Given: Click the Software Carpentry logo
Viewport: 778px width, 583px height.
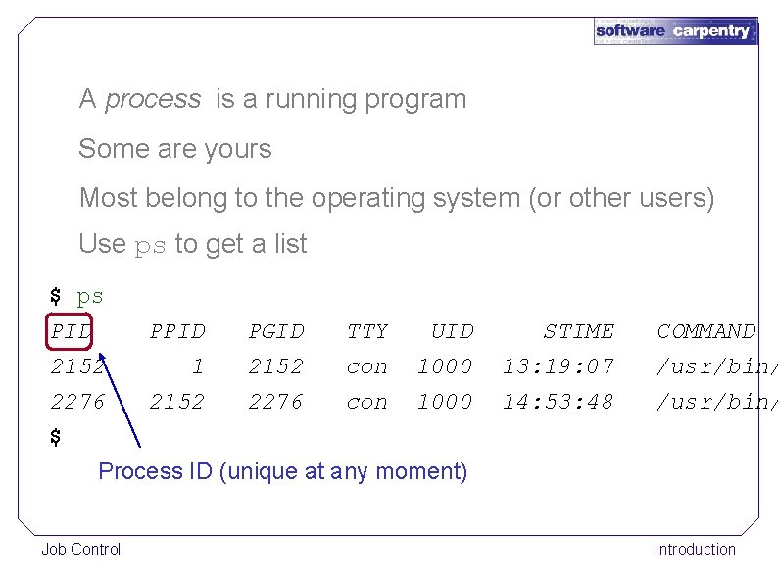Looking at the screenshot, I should click(x=675, y=30).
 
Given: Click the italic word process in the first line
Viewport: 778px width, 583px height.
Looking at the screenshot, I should click(x=152, y=99).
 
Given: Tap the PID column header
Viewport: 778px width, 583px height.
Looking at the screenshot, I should click(x=71, y=331).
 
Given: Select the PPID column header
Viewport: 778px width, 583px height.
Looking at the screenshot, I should click(x=177, y=331).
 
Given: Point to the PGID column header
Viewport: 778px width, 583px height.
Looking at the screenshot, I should click(x=276, y=331).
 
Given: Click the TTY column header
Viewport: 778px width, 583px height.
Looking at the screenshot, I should click(x=367, y=331).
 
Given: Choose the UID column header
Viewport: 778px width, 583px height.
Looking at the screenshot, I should click(x=452, y=331).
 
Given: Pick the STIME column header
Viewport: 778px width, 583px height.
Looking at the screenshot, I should click(x=579, y=331).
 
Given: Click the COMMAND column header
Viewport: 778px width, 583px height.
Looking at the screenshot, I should click(x=705, y=331).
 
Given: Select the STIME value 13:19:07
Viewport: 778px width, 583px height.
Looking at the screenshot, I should click(x=559, y=366).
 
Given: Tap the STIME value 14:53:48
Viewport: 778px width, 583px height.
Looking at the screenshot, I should click(x=559, y=402).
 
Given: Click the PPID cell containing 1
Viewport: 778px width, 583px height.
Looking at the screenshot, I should click(x=198, y=366).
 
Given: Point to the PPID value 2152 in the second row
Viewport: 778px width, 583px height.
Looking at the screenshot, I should click(x=177, y=402).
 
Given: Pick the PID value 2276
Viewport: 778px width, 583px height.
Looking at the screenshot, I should click(x=78, y=402).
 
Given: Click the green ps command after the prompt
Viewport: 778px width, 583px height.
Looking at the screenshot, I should click(x=90, y=296).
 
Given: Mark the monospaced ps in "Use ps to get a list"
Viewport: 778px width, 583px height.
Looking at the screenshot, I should click(x=150, y=245).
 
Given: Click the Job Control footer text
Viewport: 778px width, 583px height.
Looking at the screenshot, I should click(x=80, y=549).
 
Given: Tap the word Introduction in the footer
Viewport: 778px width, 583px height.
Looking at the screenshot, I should click(x=695, y=549).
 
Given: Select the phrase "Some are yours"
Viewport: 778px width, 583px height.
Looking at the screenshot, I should click(x=174, y=149).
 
